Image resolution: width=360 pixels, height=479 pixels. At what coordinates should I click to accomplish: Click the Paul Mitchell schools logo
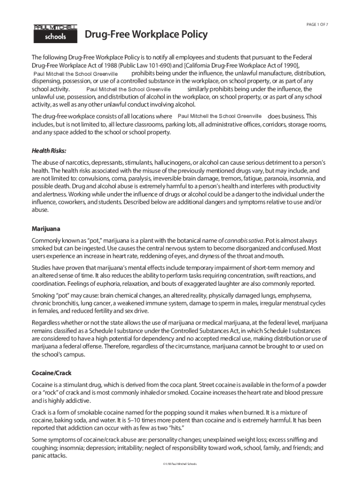[x=55, y=33]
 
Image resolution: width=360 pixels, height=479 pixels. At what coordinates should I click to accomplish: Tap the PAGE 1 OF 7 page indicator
[x=317, y=24]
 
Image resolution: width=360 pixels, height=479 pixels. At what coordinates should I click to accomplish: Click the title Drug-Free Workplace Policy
[x=146, y=35]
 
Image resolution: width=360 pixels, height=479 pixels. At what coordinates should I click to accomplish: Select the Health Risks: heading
[x=49, y=151]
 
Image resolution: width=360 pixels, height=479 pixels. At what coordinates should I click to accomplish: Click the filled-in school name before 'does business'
[x=219, y=116]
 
